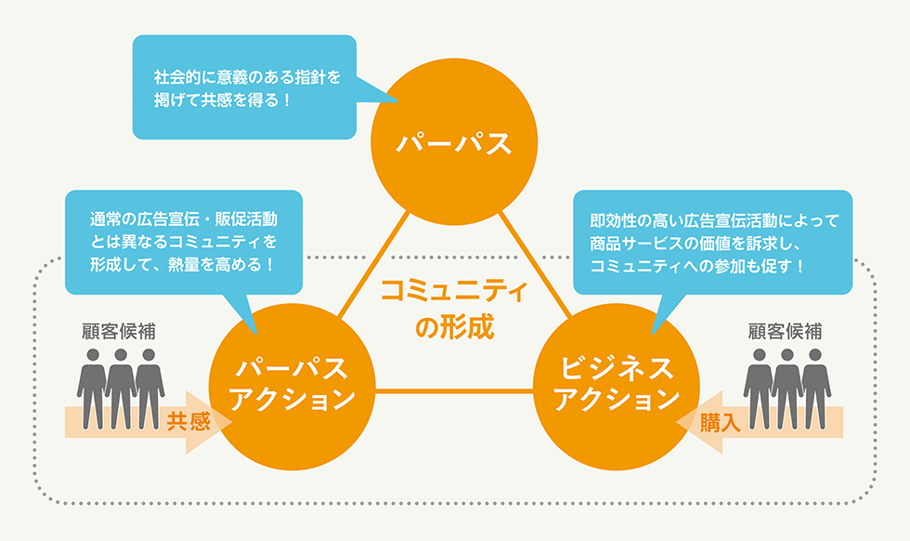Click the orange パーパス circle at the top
tap(454, 141)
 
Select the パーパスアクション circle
tap(292, 387)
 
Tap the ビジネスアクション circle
tap(617, 387)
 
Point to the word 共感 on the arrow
tap(188, 422)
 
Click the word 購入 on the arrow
tap(721, 422)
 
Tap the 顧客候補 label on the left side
tap(119, 331)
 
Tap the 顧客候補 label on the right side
tap(786, 331)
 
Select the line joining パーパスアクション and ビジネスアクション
tap(454, 391)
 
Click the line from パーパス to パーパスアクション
tap(373, 264)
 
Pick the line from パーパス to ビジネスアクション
tap(535, 264)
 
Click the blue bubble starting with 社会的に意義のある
tap(244, 87)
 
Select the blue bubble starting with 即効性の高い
tap(713, 243)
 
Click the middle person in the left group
tap(121, 389)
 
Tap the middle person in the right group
tap(787, 389)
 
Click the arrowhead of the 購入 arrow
tap(699, 422)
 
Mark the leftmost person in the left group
tap(92, 389)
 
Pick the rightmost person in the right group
tap(815, 389)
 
